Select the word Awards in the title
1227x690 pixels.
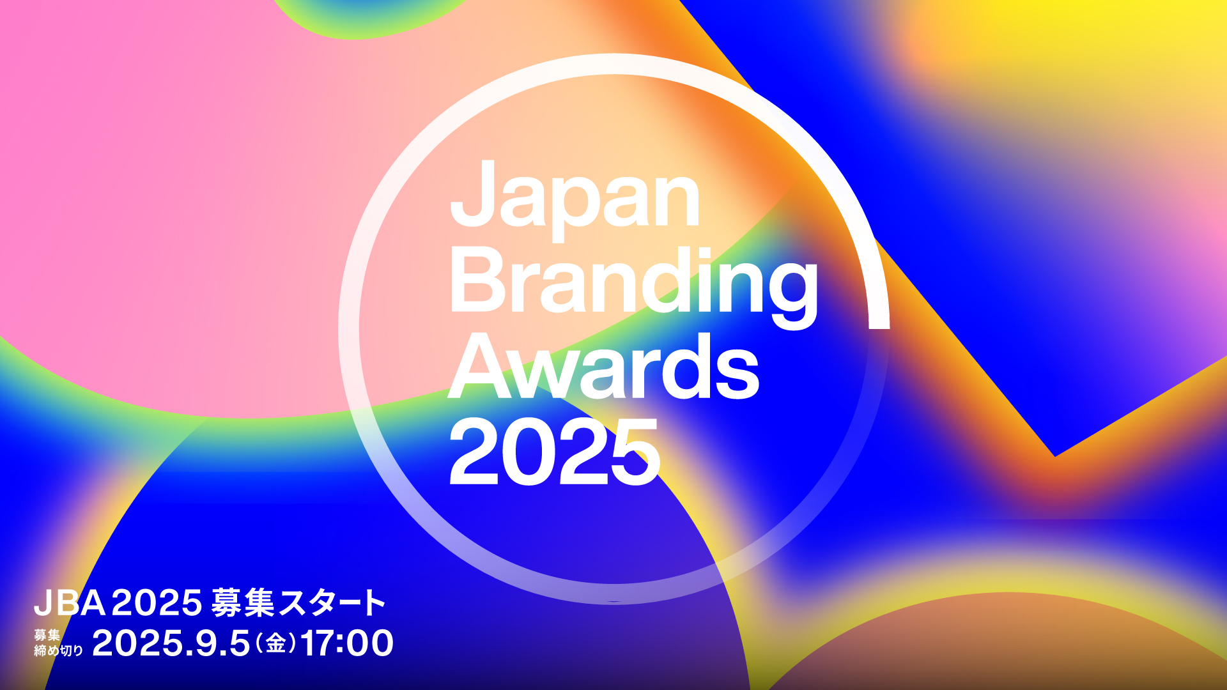pos(604,366)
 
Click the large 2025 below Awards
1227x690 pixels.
pos(554,452)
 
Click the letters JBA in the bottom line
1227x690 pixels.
pos(70,602)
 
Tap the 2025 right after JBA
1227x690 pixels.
pos(157,602)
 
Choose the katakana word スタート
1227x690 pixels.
pos(332,602)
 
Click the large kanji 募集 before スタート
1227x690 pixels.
pos(243,602)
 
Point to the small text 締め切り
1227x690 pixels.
pos(59,650)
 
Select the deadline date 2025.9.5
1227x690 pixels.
pos(171,643)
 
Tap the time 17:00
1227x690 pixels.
pos(347,643)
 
